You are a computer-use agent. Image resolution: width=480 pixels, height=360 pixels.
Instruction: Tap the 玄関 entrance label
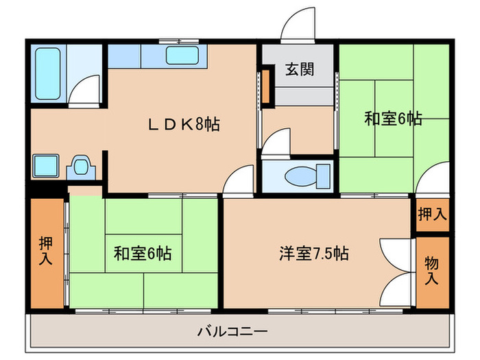(300, 70)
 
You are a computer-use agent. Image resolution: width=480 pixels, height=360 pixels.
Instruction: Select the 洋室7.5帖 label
(313, 254)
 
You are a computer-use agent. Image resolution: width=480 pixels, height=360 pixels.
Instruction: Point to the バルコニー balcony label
(233, 332)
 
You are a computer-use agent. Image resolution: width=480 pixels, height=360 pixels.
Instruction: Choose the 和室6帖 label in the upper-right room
(392, 119)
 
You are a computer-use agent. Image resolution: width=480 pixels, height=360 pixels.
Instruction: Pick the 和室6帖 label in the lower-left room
(143, 254)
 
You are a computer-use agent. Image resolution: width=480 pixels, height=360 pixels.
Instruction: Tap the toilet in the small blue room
(302, 176)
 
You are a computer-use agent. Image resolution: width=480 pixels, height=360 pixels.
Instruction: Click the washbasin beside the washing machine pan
(80, 167)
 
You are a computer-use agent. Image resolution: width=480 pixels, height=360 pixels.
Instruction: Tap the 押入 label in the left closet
(47, 252)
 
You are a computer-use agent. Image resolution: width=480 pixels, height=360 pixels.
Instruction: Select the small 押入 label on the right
(432, 214)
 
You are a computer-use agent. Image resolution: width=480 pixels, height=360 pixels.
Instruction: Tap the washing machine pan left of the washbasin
(47, 166)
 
